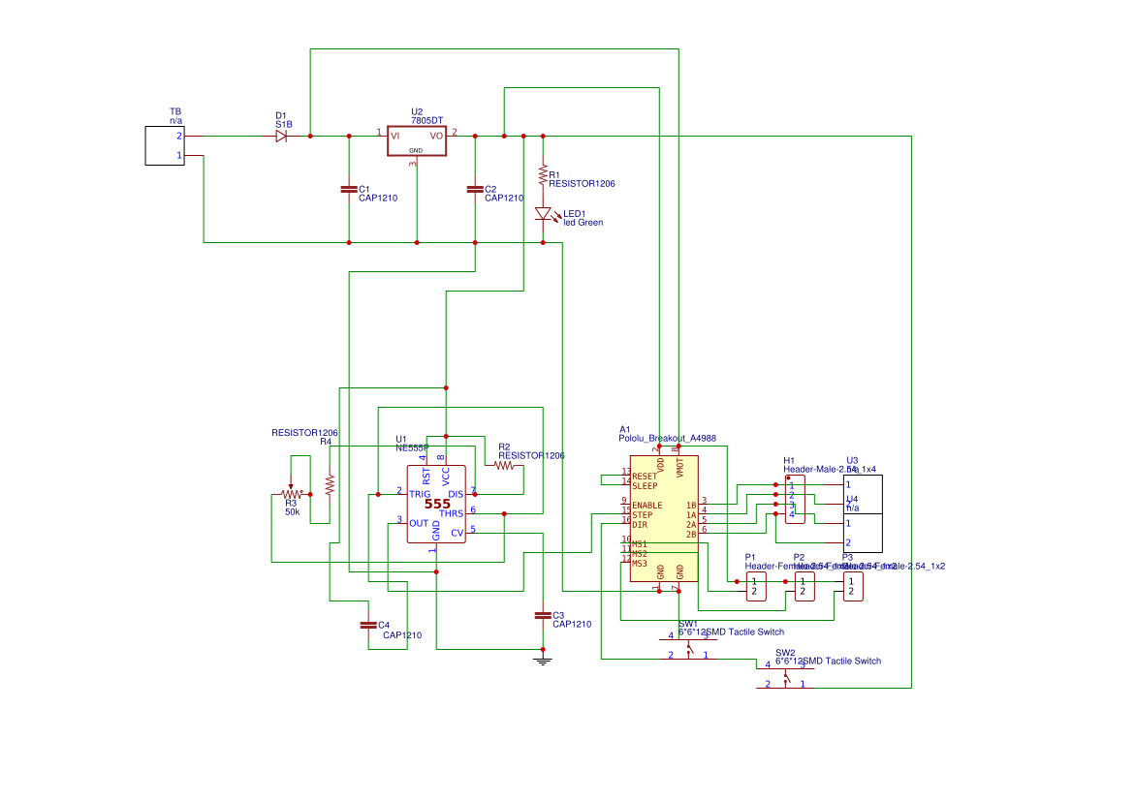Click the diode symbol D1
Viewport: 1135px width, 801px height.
(281, 137)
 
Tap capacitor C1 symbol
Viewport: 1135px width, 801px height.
(349, 189)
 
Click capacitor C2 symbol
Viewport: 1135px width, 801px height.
(475, 189)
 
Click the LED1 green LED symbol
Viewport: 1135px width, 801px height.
(543, 214)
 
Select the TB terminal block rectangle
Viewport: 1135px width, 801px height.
(164, 145)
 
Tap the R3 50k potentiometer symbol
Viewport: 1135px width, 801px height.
(290, 494)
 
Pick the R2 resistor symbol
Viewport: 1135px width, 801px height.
(504, 466)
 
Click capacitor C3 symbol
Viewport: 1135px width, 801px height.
(543, 615)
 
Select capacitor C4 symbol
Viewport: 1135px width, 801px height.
(368, 625)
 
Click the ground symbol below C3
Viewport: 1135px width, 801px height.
(543, 661)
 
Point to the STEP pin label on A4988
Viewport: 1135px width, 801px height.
(642, 515)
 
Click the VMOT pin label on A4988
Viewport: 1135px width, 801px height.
(679, 469)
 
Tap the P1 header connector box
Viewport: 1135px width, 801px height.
(755, 586)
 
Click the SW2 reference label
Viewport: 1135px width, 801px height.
(785, 653)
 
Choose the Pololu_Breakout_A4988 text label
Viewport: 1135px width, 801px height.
(667, 439)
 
